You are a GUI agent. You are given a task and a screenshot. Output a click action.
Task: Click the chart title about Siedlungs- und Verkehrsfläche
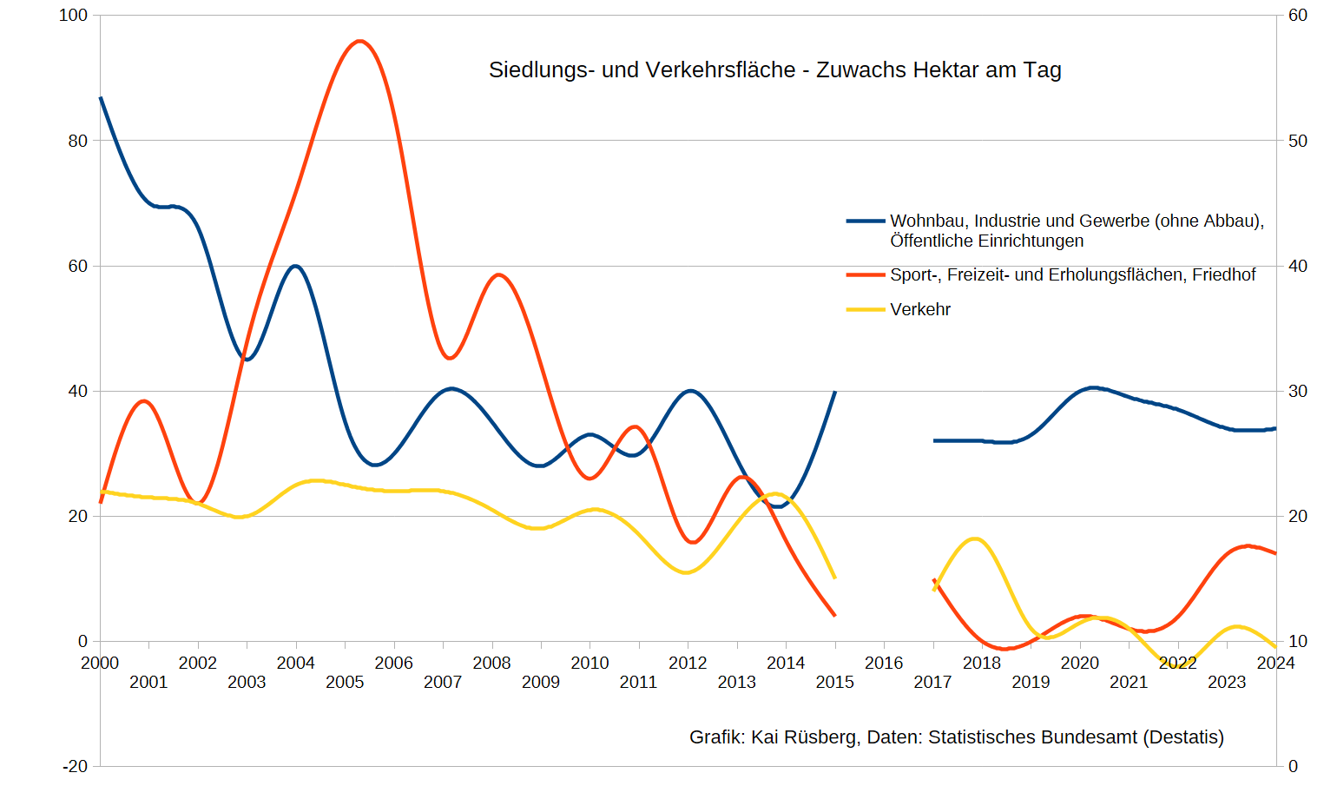(x=775, y=69)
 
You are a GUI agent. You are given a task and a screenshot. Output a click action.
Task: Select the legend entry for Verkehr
(x=899, y=309)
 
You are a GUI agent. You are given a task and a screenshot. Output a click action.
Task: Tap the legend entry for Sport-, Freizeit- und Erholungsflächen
(x=1051, y=275)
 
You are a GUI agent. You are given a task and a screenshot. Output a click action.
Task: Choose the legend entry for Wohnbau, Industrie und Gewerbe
(x=1056, y=231)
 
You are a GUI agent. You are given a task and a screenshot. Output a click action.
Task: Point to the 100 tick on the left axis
(x=73, y=16)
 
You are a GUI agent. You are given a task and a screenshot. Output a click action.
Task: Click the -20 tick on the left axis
(x=75, y=767)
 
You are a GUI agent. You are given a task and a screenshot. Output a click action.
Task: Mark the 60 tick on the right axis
(x=1298, y=16)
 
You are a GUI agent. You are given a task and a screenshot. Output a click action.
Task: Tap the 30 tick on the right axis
(x=1298, y=391)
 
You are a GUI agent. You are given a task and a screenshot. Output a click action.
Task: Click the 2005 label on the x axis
(x=345, y=683)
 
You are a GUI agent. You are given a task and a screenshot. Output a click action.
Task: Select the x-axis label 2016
(x=884, y=663)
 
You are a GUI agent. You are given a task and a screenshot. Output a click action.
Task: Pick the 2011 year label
(x=638, y=683)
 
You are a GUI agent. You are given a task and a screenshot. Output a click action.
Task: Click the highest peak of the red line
(x=359, y=41)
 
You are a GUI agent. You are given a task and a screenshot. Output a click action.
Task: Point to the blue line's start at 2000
(x=101, y=97)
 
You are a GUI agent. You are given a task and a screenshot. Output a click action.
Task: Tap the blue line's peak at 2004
(x=295, y=266)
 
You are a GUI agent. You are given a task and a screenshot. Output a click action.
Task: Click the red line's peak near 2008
(x=498, y=274)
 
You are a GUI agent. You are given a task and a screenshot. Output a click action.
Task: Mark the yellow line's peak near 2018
(x=975, y=538)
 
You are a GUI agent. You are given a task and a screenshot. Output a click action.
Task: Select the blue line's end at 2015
(x=834, y=392)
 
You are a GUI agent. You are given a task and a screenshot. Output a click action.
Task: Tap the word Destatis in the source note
(x=1184, y=737)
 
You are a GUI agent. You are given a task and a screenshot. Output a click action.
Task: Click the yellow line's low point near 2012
(x=686, y=572)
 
